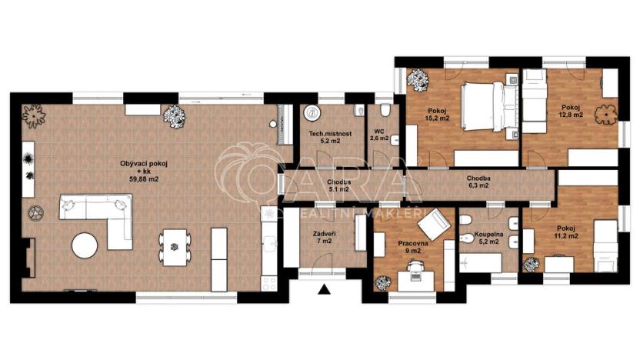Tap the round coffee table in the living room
(x=84, y=246)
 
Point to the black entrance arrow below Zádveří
(x=324, y=290)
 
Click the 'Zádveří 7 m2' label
(x=323, y=237)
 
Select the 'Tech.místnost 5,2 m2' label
(x=330, y=137)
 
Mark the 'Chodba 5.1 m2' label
(x=339, y=185)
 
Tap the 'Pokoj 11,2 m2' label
(x=567, y=233)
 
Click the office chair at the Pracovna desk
(x=417, y=265)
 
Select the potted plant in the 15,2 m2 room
(x=419, y=78)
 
